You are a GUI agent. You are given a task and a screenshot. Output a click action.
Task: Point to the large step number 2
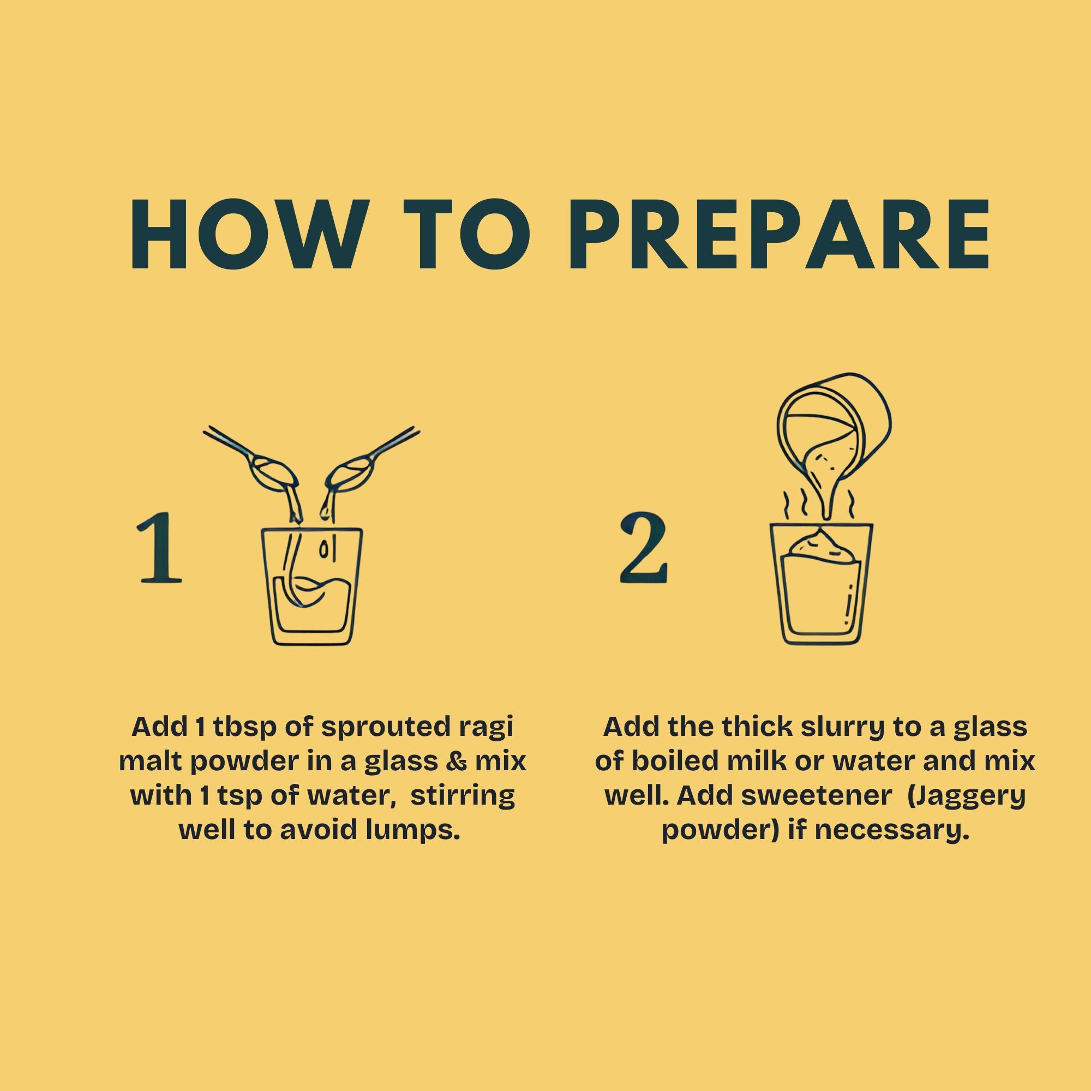tap(643, 549)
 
